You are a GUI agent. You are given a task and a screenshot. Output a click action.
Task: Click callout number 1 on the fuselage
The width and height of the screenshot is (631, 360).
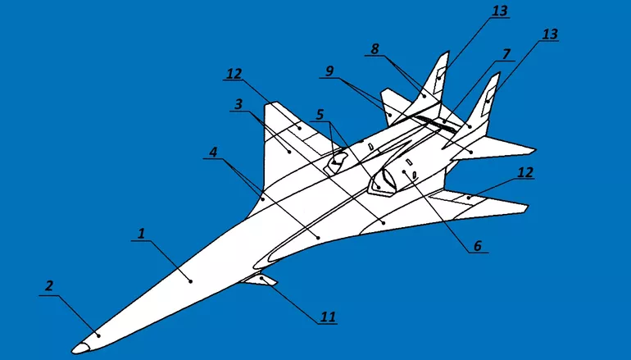pos(142,234)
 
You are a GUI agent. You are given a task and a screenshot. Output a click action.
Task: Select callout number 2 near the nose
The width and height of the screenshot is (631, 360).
pos(48,285)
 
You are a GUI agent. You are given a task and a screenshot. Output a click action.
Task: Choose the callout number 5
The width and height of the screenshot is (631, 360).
pos(320,114)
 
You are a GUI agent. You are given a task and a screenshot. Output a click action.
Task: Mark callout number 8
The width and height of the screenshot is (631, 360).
pos(375,49)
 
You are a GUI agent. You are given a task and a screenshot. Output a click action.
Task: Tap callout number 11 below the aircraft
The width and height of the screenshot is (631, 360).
pos(329,315)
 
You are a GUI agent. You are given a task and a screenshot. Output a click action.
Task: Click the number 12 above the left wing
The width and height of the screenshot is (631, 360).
pos(235,74)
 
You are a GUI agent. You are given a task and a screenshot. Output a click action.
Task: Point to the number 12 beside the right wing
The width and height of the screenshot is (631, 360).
pos(524,172)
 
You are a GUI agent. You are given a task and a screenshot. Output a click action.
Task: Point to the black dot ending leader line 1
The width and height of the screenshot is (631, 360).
pos(191,281)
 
